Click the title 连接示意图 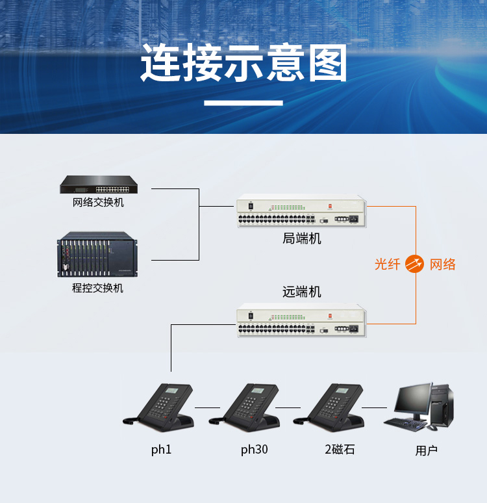pos(243,64)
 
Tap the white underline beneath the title pos(243,103)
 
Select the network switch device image pos(99,185)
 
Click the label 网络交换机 pos(98,203)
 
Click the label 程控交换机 pos(97,288)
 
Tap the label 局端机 pos(301,239)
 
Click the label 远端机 pos(301,292)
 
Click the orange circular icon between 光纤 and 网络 pos(414,264)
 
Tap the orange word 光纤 pos(388,264)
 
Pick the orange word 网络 pos(443,264)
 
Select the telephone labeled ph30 pos(247,406)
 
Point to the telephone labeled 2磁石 pos(332,406)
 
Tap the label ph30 pos(254,450)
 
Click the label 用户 pos(427,450)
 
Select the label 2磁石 pos(340,450)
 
